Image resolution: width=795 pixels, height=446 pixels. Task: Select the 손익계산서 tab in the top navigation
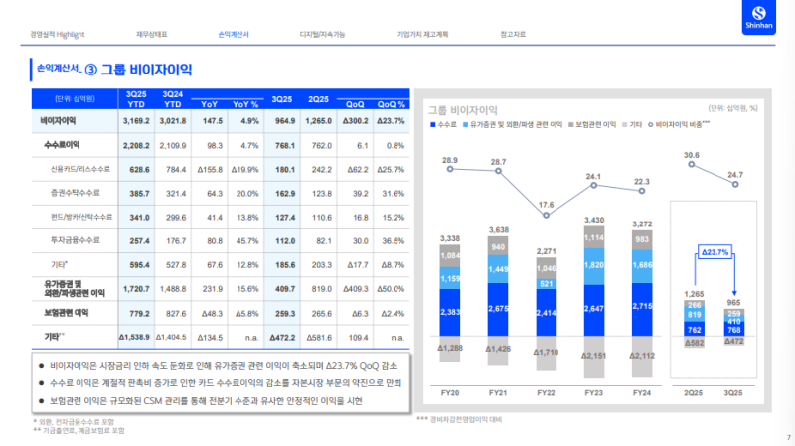pyautogui.click(x=234, y=35)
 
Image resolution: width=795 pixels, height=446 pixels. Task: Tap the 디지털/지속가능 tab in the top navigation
pyautogui.click(x=322, y=35)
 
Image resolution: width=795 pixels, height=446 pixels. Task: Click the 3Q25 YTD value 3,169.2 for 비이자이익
pyautogui.click(x=135, y=121)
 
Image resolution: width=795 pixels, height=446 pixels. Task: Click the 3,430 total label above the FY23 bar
pyautogui.click(x=594, y=219)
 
